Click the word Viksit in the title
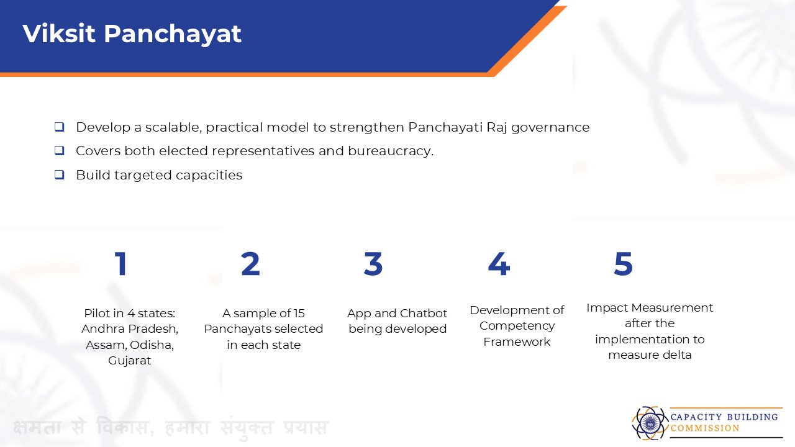tap(59, 34)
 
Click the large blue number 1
tap(121, 264)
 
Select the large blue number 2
tap(250, 264)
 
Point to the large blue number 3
tap(373, 264)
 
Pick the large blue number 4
tap(499, 264)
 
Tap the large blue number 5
tap(624, 264)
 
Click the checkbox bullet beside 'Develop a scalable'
tap(59, 127)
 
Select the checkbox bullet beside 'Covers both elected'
tap(59, 151)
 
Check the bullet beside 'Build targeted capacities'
tap(59, 174)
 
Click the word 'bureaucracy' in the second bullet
tap(391, 151)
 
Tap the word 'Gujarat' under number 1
tap(130, 361)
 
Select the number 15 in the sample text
tap(299, 314)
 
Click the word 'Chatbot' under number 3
tap(424, 314)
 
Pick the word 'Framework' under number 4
tap(517, 341)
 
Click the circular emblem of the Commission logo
tap(650, 423)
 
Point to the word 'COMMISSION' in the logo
tap(705, 428)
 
